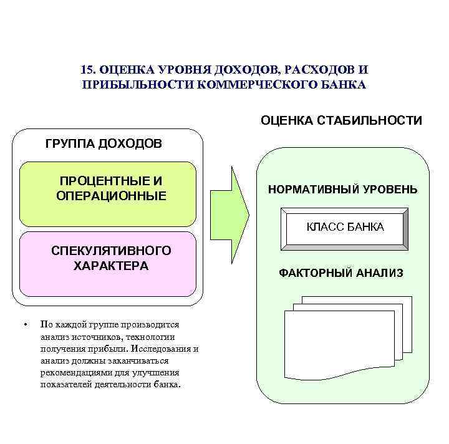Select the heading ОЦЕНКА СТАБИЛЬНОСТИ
pos(341,120)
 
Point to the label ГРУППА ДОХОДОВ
pos(104,144)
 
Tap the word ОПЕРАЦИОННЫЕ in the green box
pos(111,196)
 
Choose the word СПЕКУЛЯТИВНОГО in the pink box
pos(111,251)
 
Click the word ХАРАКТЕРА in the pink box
pos(111,266)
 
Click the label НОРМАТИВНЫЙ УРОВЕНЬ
pos(343,190)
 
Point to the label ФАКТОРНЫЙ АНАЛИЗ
pos(341,273)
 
